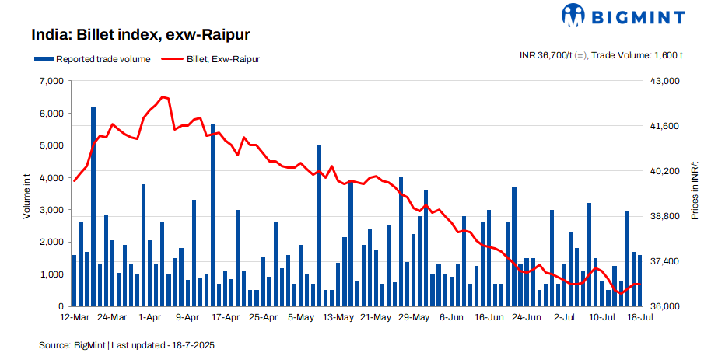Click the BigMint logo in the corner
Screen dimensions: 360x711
click(623, 16)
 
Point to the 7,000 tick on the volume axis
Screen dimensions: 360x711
click(50, 81)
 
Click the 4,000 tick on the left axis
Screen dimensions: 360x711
click(50, 178)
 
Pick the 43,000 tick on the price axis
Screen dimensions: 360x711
click(664, 81)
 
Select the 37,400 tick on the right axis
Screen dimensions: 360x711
click(664, 261)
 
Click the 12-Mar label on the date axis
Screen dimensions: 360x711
click(75, 317)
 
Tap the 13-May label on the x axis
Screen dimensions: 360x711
click(338, 317)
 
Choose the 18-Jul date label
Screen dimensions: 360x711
click(639, 317)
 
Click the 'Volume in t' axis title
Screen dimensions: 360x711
click(26, 194)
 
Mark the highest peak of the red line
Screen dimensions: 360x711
click(163, 97)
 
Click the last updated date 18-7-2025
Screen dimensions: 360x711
click(191, 344)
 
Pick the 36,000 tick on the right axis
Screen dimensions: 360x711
click(664, 306)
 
